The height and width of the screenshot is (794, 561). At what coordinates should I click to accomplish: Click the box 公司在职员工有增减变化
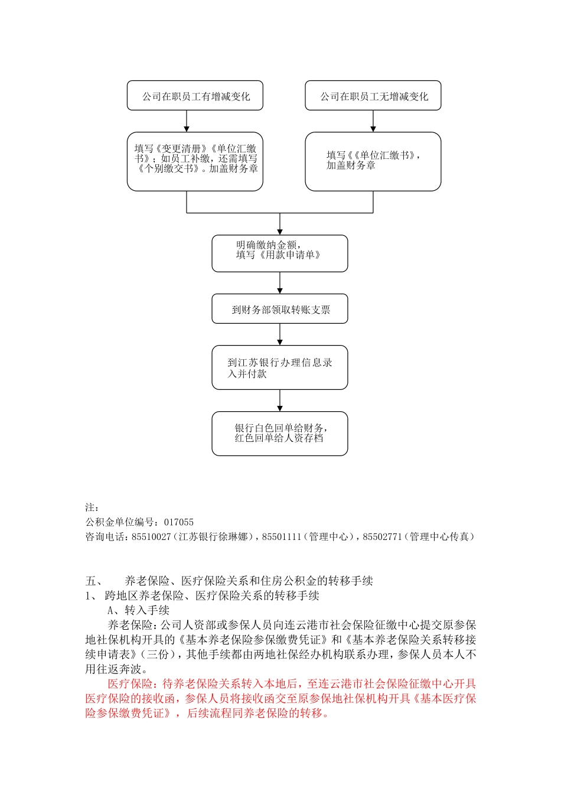(195, 96)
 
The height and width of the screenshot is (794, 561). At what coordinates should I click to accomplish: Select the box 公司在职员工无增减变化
(373, 96)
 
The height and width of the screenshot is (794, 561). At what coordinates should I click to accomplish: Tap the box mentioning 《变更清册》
(195, 161)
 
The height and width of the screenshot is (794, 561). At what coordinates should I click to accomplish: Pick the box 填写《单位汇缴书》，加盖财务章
(373, 161)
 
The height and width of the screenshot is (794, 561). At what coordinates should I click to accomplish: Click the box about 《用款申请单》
(279, 253)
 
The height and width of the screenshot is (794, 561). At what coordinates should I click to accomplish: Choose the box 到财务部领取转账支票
(279, 309)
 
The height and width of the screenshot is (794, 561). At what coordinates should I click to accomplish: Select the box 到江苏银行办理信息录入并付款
(279, 367)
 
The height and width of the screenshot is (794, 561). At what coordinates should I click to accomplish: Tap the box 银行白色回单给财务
(279, 434)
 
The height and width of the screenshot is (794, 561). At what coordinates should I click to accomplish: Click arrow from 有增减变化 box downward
(187, 121)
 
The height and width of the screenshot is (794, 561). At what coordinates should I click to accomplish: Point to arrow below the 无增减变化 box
(373, 121)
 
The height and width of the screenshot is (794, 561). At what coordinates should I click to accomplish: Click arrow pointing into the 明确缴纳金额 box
(279, 224)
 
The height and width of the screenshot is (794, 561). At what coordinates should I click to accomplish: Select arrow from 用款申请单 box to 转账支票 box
(279, 284)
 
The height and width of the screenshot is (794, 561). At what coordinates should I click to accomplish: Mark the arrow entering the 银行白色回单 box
(279, 401)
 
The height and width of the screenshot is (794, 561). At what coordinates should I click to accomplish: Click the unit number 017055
(179, 522)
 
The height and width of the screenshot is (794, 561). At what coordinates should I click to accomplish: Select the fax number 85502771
(382, 537)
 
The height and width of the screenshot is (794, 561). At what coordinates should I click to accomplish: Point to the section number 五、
(94, 581)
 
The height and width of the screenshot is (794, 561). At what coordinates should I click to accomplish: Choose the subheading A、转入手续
(138, 610)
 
